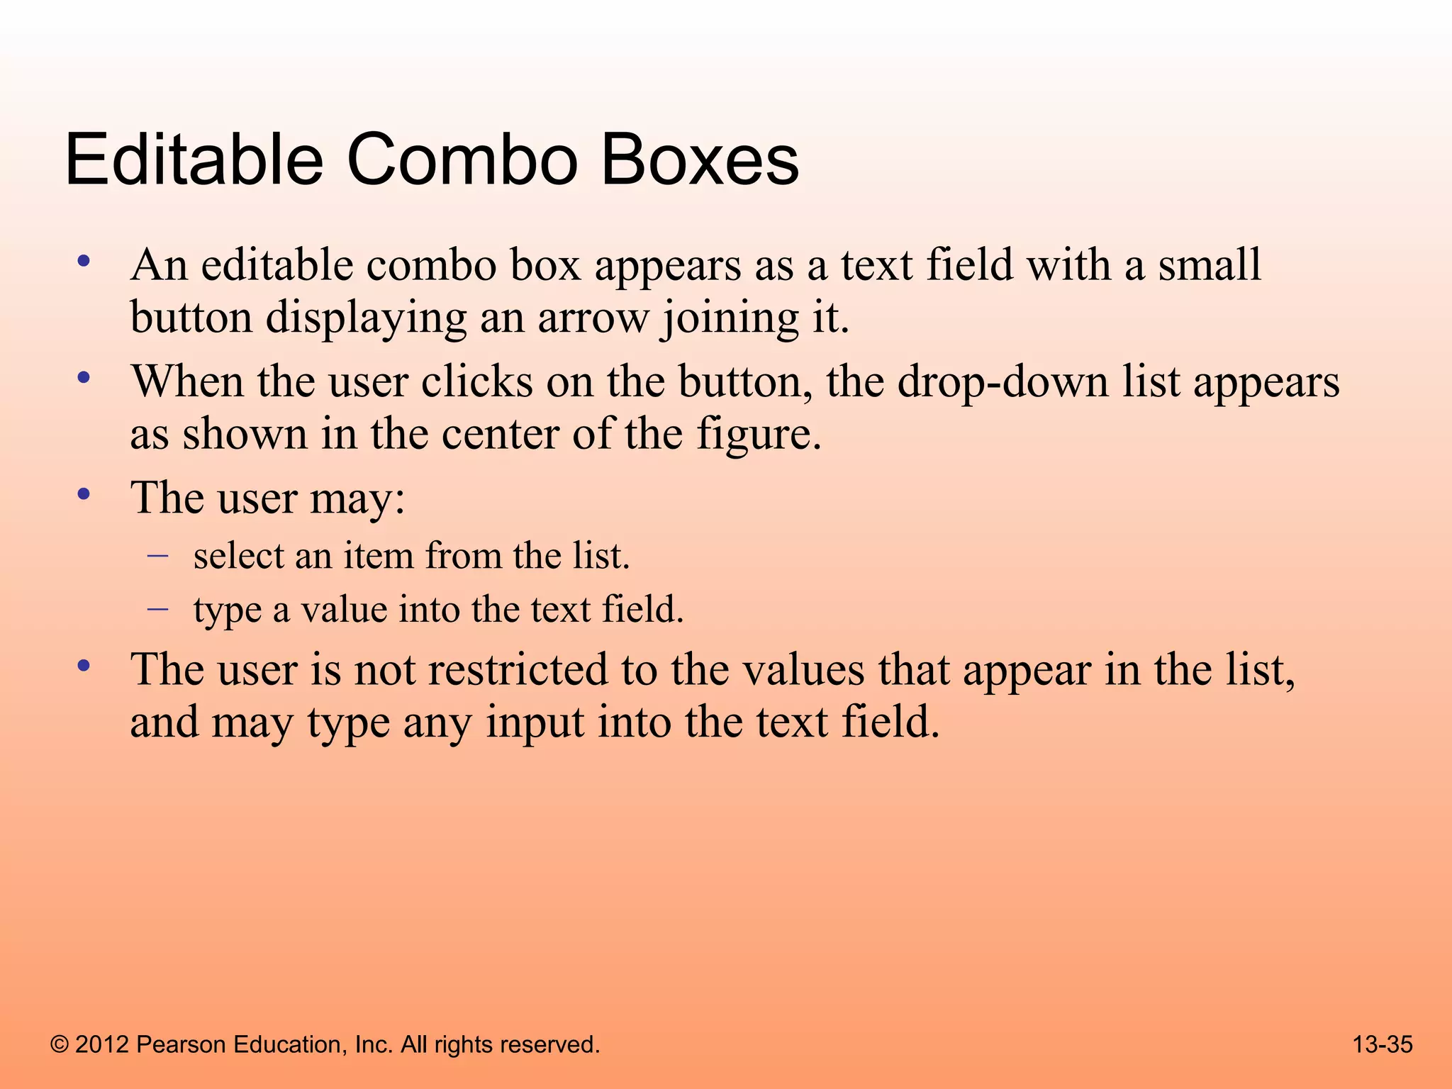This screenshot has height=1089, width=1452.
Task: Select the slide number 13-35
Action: click(1382, 1044)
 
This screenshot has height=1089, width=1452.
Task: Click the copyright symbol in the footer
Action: click(60, 1044)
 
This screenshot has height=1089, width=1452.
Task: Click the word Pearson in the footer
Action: click(181, 1044)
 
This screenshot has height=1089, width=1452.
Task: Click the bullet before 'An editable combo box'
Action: click(84, 262)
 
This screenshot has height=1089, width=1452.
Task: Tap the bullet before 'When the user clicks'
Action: click(84, 378)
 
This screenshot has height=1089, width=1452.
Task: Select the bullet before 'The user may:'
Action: click(84, 494)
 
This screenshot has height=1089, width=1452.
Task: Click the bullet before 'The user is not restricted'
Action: click(84, 666)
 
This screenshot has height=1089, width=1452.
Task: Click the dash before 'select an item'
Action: click(157, 555)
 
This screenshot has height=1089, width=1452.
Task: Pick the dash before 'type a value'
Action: click(157, 608)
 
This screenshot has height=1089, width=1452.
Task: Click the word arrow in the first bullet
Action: click(593, 319)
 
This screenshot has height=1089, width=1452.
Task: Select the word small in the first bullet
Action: click(1210, 265)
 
